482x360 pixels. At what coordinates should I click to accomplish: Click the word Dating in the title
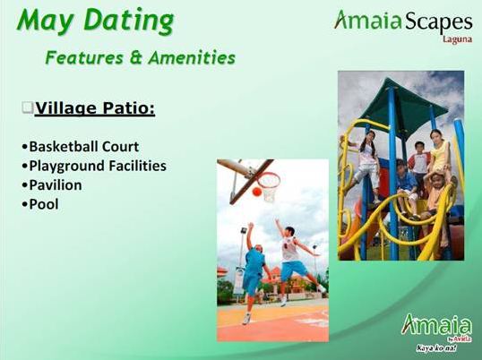(x=129, y=21)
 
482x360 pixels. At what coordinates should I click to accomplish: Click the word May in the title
(x=45, y=21)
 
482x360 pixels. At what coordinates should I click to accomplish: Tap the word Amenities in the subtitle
(x=192, y=57)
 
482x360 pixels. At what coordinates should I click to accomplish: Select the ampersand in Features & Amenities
(x=135, y=57)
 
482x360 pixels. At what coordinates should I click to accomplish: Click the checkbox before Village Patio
(x=28, y=107)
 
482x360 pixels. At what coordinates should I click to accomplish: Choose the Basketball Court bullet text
(x=81, y=147)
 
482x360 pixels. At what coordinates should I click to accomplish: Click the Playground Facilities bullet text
(x=94, y=166)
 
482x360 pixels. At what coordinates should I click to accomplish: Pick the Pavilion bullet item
(x=52, y=185)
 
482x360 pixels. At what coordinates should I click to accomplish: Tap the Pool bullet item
(x=40, y=204)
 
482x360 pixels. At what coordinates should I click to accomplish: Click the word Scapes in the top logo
(x=438, y=22)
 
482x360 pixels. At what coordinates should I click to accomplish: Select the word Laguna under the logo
(x=457, y=39)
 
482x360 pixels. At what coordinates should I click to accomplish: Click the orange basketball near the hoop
(x=257, y=192)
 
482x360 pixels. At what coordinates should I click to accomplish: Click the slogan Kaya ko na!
(x=436, y=348)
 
